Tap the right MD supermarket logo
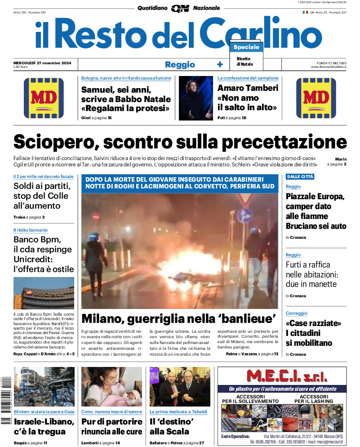point(316,98)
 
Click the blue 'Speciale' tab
point(246,47)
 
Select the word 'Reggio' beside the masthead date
point(180,64)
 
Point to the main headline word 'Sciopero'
point(55,142)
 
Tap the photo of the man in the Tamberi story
point(196,98)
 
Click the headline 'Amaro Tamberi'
point(248,88)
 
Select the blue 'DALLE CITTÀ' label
point(300,177)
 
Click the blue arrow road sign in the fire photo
point(245,215)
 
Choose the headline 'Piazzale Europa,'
point(315,197)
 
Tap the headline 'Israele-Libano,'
point(44,421)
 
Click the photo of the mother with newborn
point(112,387)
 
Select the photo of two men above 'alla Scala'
point(180,387)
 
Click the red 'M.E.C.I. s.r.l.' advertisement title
point(282,376)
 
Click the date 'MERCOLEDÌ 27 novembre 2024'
point(45,62)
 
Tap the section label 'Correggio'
point(296,313)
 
